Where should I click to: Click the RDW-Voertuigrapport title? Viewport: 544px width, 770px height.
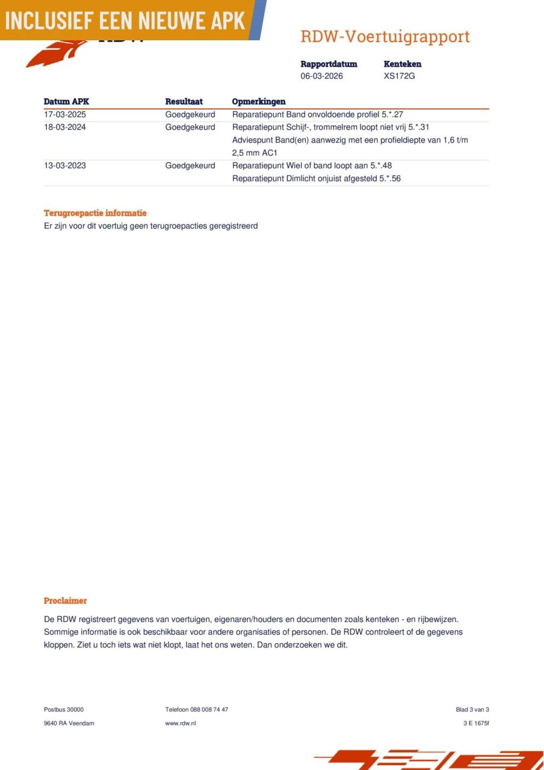pos(385,37)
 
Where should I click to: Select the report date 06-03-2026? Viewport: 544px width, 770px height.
pos(322,76)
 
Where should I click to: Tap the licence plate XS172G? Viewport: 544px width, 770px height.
pos(400,76)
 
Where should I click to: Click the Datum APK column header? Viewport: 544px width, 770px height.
pos(66,102)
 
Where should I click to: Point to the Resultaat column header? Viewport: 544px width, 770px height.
pos(184,102)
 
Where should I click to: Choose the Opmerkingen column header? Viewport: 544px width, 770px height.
pos(259,102)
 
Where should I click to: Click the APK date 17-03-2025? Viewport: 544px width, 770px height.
pos(65,114)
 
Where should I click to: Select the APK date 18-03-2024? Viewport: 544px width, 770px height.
pos(65,127)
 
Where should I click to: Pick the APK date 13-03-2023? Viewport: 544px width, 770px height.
pos(65,165)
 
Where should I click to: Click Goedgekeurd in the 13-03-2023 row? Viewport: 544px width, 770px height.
pos(190,165)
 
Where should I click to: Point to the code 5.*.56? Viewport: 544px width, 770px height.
pos(390,179)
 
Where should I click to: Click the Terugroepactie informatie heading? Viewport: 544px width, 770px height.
pos(95,213)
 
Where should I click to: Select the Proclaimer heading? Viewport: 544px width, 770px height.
pos(65,600)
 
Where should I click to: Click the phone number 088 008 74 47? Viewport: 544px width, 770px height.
pos(209,709)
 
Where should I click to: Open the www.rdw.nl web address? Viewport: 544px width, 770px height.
pos(181,723)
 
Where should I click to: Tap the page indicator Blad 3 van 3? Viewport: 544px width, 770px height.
pos(472,709)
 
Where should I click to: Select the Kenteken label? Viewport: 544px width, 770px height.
pos(403,64)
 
